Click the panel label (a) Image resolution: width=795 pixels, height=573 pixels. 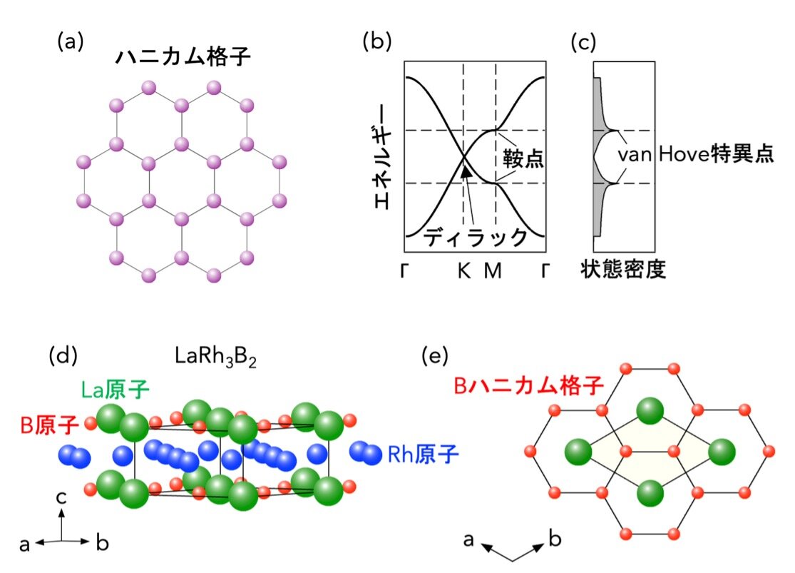click(x=71, y=41)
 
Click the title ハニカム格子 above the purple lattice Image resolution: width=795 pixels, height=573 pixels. click(x=183, y=57)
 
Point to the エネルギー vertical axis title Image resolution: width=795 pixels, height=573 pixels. click(x=384, y=157)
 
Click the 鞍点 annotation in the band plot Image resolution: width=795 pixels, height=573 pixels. click(x=523, y=158)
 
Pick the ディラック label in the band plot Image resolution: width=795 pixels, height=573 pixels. click(x=475, y=237)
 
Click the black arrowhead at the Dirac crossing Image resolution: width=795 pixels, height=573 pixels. click(x=466, y=171)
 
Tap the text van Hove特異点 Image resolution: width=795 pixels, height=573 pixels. click(x=696, y=153)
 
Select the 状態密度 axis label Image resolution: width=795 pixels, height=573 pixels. click(x=623, y=269)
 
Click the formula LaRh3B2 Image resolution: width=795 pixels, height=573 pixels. click(x=215, y=357)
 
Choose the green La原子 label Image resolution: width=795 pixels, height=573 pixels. click(x=116, y=390)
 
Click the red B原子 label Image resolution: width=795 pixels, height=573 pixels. click(x=50, y=425)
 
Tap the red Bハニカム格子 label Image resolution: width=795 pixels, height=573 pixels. click(x=529, y=386)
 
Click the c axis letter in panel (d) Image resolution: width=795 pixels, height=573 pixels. click(x=61, y=497)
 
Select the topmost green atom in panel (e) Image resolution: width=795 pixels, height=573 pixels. click(x=650, y=410)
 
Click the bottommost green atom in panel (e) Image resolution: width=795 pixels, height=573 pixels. click(x=650, y=492)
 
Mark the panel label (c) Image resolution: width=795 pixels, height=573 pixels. click(x=583, y=42)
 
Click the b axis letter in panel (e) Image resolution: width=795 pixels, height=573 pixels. click(x=555, y=538)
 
